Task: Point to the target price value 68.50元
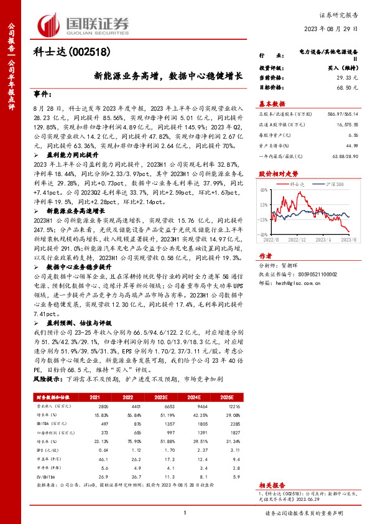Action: (348, 89)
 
